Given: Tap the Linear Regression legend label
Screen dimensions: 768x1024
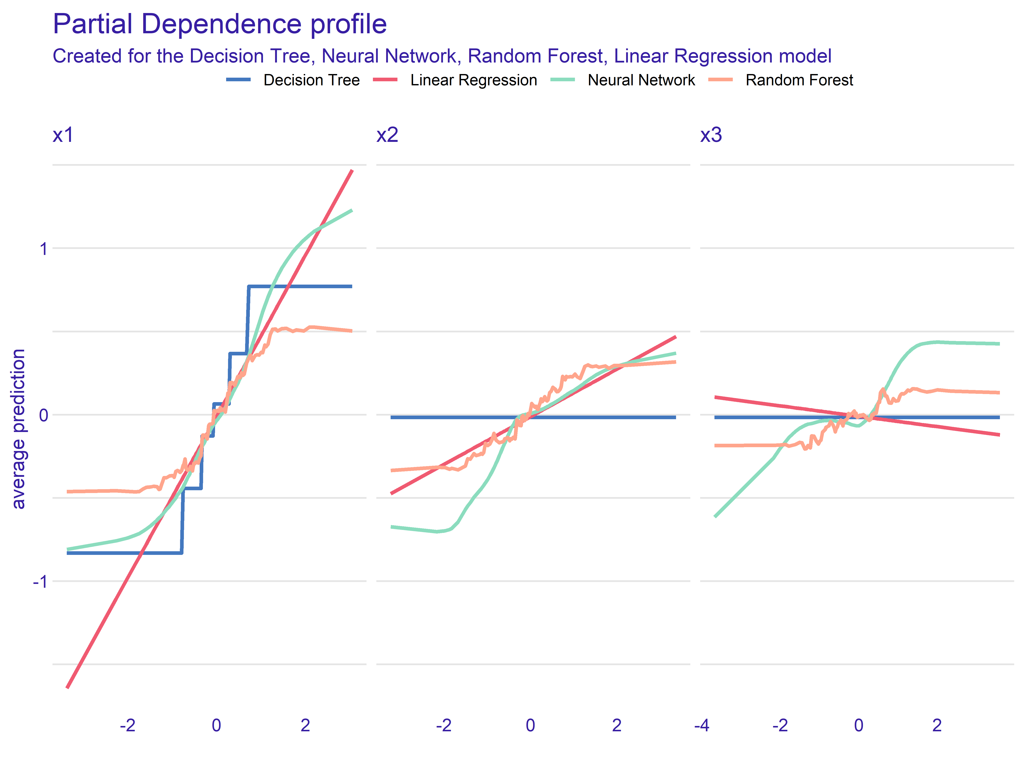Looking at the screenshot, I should [473, 80].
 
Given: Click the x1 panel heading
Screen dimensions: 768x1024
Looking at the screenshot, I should [63, 135].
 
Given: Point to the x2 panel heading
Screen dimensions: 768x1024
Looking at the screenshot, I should [387, 135].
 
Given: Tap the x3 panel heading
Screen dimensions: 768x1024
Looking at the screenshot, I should [711, 135].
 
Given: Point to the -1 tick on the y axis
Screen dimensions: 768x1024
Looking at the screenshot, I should [40, 581].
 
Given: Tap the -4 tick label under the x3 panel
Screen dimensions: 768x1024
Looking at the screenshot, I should [702, 725].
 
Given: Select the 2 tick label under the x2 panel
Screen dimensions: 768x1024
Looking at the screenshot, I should [617, 725].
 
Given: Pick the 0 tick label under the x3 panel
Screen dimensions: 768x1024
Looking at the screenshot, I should [859, 725].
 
